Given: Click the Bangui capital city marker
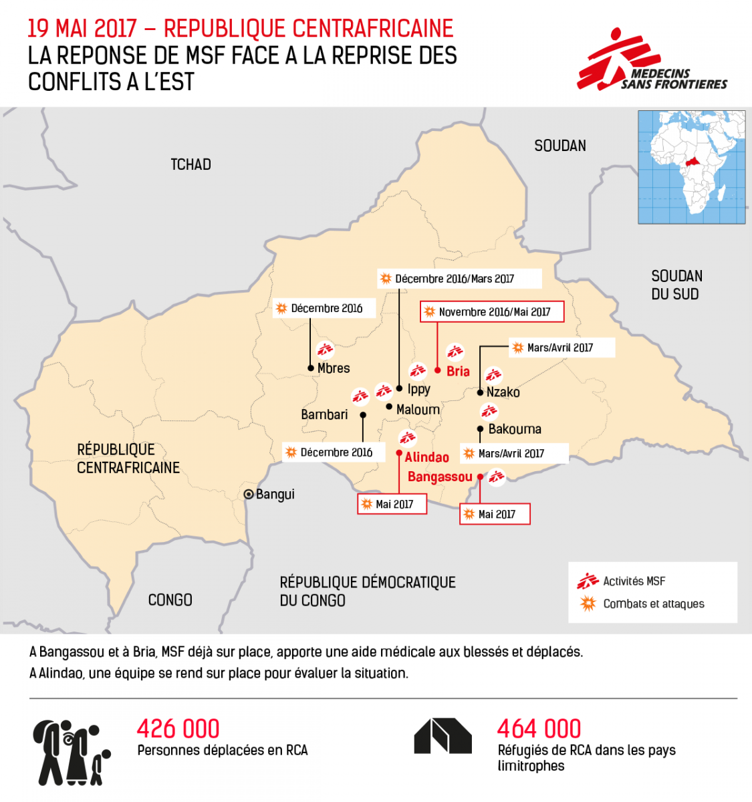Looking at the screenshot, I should click(x=249, y=495).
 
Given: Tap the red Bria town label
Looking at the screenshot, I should click(x=458, y=371).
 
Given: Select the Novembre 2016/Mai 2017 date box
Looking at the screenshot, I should click(x=492, y=311).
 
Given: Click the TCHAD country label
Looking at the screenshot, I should click(x=191, y=164).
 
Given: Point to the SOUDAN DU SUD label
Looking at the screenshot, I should click(x=676, y=285).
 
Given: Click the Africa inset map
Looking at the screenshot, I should click(x=691, y=167).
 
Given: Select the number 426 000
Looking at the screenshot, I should click(x=178, y=728).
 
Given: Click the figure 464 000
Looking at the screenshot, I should click(x=539, y=728).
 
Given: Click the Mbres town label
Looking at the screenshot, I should click(x=334, y=368).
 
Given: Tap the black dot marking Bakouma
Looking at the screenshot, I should click(x=480, y=429).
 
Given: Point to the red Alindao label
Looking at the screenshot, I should click(x=426, y=457).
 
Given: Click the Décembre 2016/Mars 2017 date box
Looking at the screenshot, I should click(x=459, y=279).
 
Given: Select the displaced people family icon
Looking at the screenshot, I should click(x=71, y=752).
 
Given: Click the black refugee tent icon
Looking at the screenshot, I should click(x=443, y=737).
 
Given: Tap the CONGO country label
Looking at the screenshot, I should click(x=170, y=600).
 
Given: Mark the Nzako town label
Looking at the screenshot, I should click(x=503, y=392).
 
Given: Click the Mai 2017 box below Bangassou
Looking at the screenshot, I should click(x=495, y=514).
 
